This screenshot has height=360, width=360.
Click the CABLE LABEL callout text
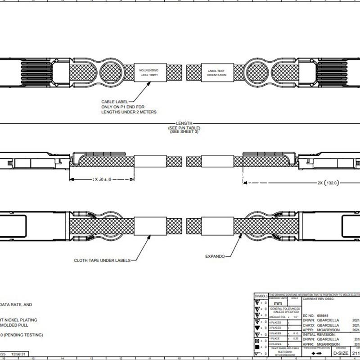tap(115, 102)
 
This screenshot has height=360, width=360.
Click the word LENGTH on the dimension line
tap(184, 123)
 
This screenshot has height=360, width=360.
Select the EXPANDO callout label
tap(215, 256)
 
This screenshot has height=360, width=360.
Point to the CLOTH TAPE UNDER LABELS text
tap(102, 260)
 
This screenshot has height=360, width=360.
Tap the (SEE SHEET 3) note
tap(184, 131)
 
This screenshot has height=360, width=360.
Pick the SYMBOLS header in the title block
tap(261, 296)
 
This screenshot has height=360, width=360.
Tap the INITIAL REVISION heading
tap(320, 334)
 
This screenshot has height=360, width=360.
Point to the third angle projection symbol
tap(316, 354)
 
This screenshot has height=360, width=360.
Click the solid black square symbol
tap(256, 347)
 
